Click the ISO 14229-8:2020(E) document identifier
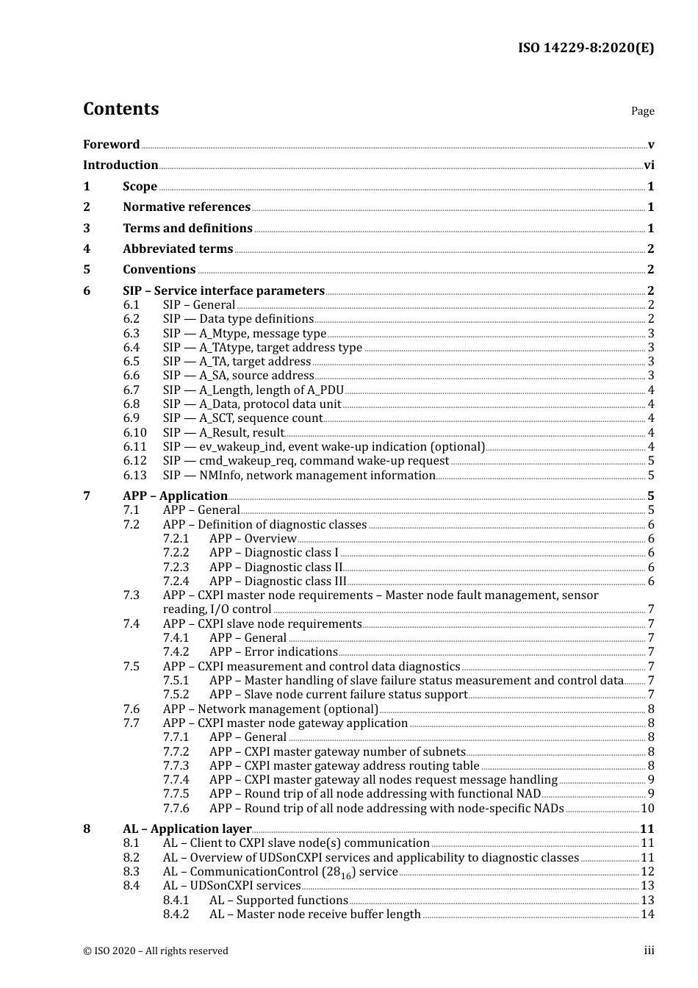tap(586, 49)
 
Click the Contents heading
tap(120, 109)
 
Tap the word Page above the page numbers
tap(642, 111)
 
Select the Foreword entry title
tap(111, 145)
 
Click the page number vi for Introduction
tap(649, 165)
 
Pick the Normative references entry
tap(187, 207)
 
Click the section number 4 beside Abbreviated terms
tap(87, 249)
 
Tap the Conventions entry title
tap(159, 270)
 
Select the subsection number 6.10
tap(134, 433)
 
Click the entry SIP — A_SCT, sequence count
tap(242, 418)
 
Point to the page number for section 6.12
tap(651, 461)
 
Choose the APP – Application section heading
tap(175, 496)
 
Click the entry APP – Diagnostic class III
tap(278, 581)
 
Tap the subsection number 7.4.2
tap(176, 652)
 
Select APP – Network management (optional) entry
tap(270, 709)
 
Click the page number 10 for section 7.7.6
tap(647, 809)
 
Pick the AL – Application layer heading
tap(187, 829)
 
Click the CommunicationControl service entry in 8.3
tap(280, 872)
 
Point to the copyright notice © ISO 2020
tap(156, 951)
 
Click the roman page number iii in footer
tap(649, 951)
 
